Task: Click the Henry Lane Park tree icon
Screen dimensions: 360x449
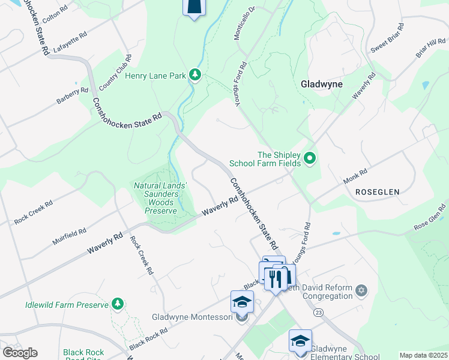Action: click(x=194, y=74)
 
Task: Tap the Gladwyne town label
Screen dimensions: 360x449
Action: click(x=321, y=84)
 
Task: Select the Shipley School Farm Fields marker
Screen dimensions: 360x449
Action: click(x=310, y=158)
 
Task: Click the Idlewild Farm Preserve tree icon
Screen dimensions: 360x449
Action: click(x=119, y=304)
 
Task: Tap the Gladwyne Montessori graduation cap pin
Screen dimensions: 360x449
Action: click(x=242, y=301)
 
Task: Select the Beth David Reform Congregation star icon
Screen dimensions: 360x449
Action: click(x=360, y=291)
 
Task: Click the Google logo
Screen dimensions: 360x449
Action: click(x=20, y=353)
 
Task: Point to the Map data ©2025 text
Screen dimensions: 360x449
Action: click(x=423, y=355)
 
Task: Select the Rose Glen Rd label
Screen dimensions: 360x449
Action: click(x=430, y=219)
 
